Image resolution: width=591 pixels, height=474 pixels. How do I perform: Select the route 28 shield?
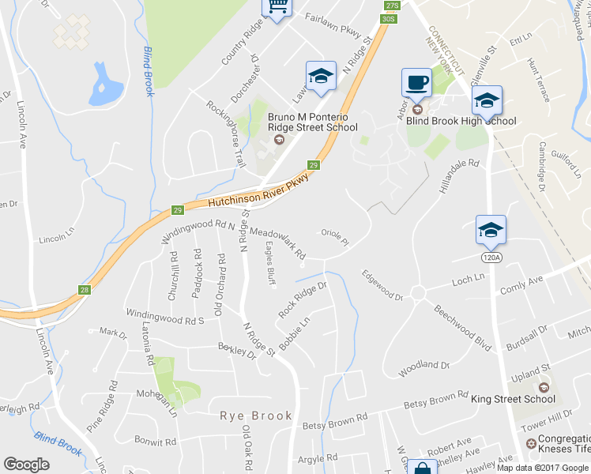85,290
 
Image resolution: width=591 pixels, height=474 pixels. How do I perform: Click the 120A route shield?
490,256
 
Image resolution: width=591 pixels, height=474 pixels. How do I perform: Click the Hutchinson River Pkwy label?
257,190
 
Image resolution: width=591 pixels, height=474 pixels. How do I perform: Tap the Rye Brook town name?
256,416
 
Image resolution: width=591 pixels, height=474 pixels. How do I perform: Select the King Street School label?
513,400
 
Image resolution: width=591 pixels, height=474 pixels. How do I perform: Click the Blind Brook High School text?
461,121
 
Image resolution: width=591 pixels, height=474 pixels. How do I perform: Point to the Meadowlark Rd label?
277,244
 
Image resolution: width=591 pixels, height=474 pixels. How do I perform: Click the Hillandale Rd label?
458,175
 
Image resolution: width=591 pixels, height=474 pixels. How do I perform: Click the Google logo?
26,465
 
